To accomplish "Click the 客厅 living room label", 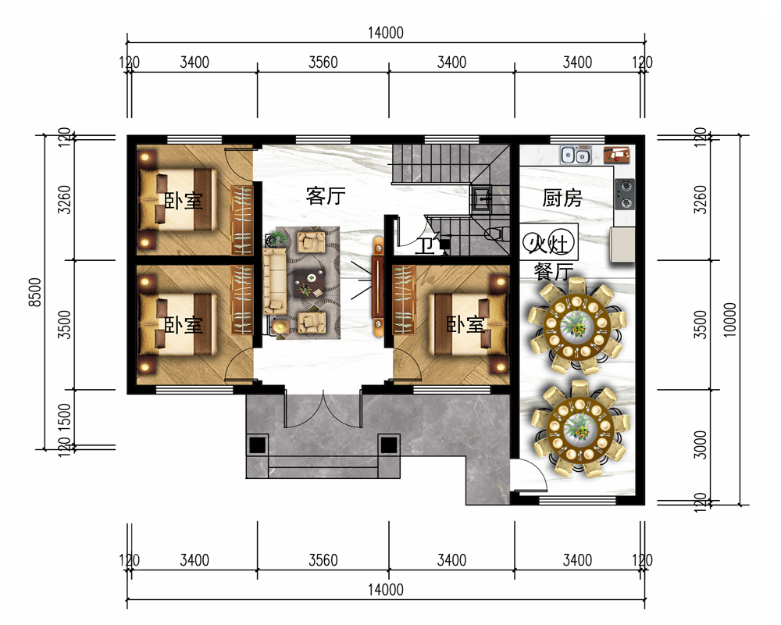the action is click(326, 196).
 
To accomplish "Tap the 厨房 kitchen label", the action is click(562, 198).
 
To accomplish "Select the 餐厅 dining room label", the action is click(554, 272).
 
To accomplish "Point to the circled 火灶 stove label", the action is click(548, 244).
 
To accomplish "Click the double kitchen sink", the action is click(576, 155).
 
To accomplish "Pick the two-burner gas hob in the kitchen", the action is click(625, 195).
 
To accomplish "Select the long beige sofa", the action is click(275, 280).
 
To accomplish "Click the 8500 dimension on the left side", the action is click(35, 292).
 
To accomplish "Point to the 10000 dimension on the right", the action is click(729, 320).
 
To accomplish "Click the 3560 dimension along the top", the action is click(323, 62).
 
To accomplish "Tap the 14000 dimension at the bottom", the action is click(386, 590).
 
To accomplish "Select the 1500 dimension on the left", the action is click(65, 417).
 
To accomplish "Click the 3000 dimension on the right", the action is click(701, 445).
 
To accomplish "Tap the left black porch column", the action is click(257, 445).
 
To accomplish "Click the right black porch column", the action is click(388, 445).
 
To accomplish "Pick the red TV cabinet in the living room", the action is click(378, 286).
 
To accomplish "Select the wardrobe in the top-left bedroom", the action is click(242, 220).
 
